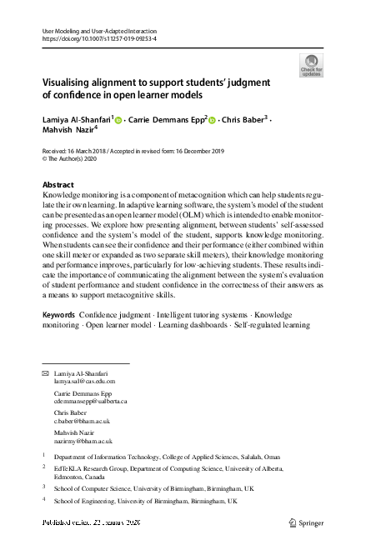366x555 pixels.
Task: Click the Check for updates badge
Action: (x=310, y=66)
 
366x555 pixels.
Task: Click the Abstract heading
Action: (x=58, y=185)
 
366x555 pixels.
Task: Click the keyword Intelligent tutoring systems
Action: (x=198, y=315)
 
